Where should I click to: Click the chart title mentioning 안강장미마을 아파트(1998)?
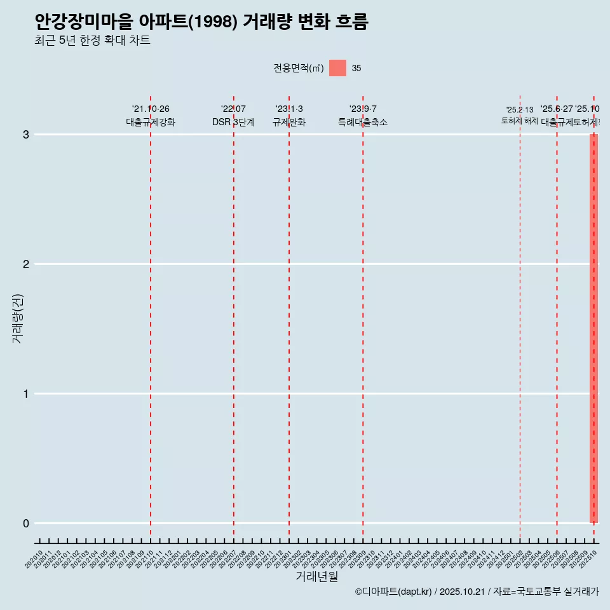(201, 22)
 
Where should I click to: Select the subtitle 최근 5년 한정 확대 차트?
(93, 41)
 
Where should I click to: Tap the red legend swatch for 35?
(337, 68)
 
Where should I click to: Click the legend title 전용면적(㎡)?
(298, 69)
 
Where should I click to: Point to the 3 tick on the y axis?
(26, 135)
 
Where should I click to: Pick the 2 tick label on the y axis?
(26, 264)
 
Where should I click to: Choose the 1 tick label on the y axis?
(26, 394)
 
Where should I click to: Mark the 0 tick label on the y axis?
(26, 524)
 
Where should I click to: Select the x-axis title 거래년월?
(316, 577)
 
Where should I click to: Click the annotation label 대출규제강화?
(151, 123)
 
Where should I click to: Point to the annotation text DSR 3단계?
(233, 123)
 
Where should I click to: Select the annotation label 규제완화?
(289, 123)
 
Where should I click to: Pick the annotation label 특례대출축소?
(363, 123)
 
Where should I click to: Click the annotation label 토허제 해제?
(520, 121)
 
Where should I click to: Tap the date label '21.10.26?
(151, 109)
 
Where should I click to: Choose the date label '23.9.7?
(363, 109)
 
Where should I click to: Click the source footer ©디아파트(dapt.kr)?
(394, 592)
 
